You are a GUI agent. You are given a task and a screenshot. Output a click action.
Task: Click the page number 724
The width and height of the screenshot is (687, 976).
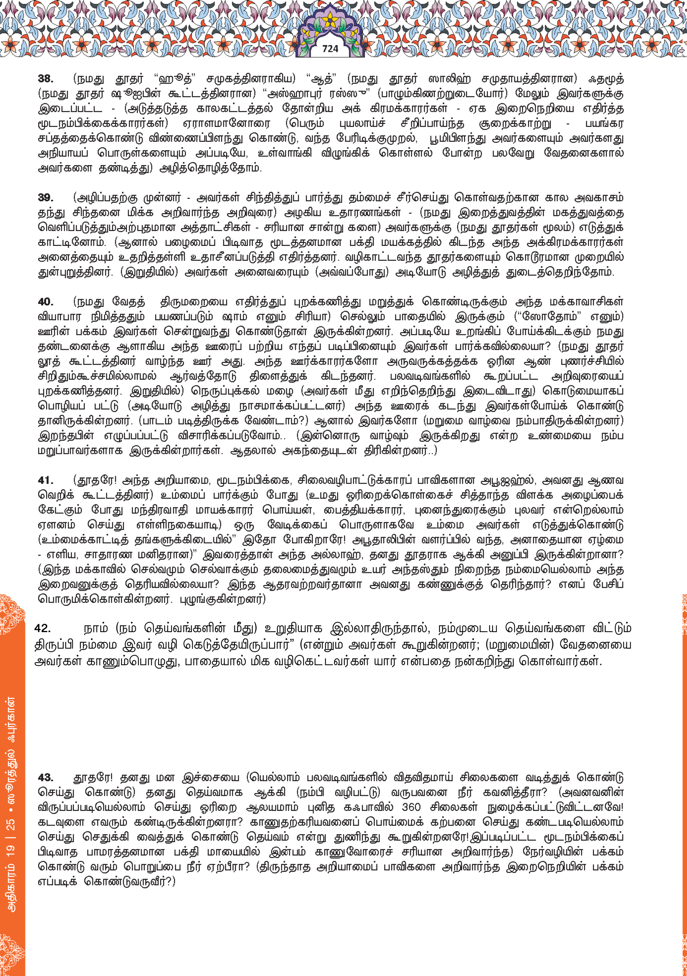(330, 49)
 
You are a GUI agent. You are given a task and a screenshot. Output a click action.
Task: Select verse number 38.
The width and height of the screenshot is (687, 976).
(45, 79)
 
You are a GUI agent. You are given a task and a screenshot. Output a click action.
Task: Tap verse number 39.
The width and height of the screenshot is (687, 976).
(45, 197)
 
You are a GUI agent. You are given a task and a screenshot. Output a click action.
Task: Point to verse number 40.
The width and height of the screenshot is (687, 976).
(45, 302)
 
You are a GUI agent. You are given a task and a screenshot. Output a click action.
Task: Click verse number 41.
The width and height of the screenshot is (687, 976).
(45, 480)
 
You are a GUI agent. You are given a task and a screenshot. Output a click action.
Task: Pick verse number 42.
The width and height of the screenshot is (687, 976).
(43, 628)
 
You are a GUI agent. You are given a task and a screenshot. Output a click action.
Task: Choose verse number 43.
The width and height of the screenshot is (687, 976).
(45, 777)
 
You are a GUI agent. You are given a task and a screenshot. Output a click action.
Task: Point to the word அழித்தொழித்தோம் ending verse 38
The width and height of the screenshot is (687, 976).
(210, 168)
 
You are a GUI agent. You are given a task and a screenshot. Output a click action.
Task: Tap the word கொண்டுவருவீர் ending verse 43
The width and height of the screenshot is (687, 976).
(127, 881)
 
